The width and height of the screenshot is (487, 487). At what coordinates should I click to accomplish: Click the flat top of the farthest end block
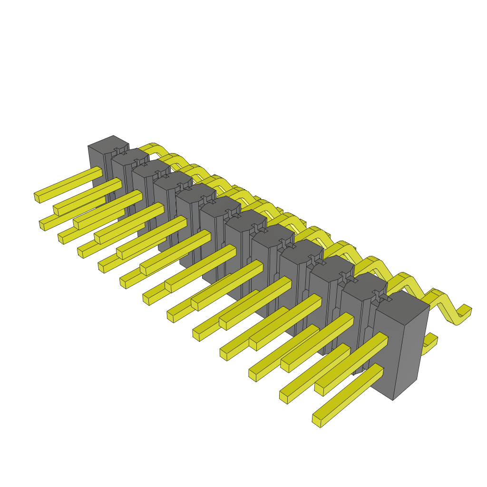108,143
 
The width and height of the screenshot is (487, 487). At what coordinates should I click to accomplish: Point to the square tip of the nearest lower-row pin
316,421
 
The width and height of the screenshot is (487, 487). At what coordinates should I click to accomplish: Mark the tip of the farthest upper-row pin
37,197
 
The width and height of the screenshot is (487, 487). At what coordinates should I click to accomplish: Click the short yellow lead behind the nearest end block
430,342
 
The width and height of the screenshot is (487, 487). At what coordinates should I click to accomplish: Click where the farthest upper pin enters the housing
100,171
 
